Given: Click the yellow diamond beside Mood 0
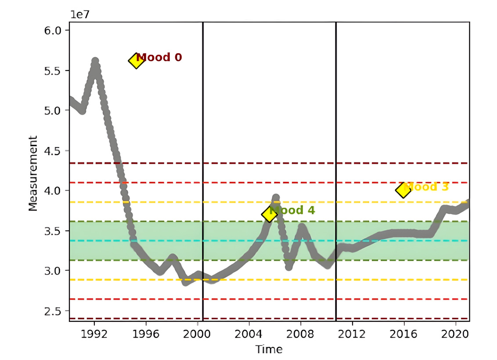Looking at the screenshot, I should pyautogui.click(x=136, y=61).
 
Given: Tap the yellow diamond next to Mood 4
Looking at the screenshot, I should pyautogui.click(x=269, y=214).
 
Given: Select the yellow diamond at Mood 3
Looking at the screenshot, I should pyautogui.click(x=403, y=190).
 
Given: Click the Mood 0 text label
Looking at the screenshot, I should pyautogui.click(x=159, y=58).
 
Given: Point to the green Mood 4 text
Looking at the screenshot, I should pyautogui.click(x=292, y=210).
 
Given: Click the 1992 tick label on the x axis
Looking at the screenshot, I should pyautogui.click(x=94, y=334).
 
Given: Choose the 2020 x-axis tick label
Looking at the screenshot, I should pyautogui.click(x=455, y=334).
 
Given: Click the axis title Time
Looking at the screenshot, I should pyautogui.click(x=269, y=349).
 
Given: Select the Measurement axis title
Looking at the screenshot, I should pyautogui.click(x=33, y=173).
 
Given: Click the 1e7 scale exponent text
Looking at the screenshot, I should pyautogui.click(x=80, y=14).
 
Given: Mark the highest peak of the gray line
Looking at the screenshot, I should pyautogui.click(x=95, y=61).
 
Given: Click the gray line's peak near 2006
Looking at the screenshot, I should pyautogui.click(x=276, y=198).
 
